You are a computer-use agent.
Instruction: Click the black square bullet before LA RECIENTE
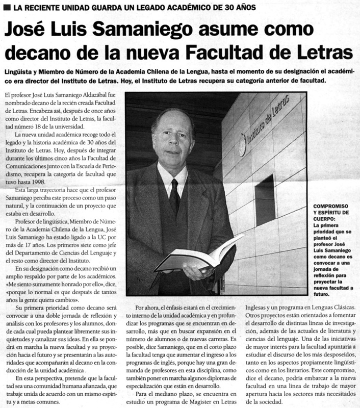coord(7,8)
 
